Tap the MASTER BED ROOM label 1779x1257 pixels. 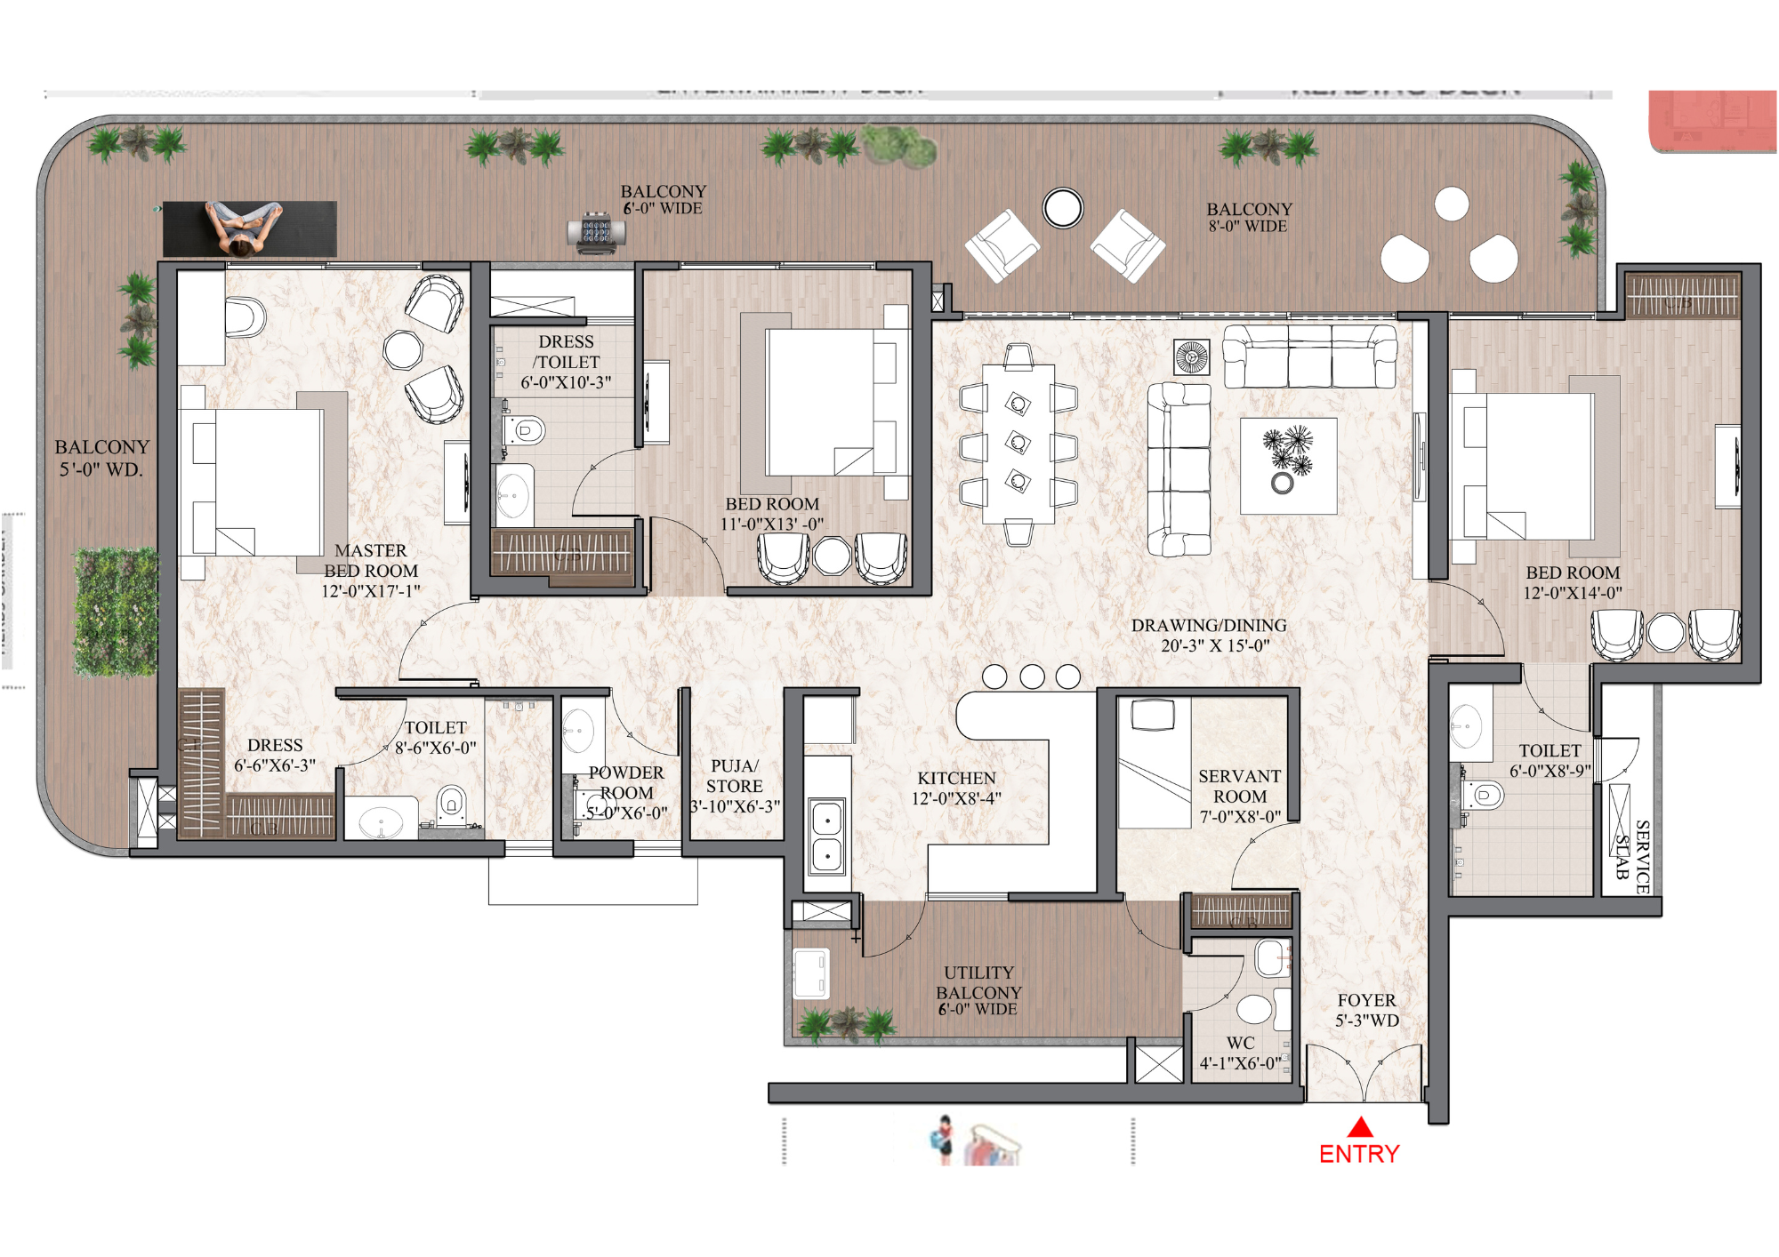371,561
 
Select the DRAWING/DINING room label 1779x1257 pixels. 1209,626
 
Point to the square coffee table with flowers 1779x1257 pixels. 1288,465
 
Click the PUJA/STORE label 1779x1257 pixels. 735,776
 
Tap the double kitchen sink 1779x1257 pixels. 826,837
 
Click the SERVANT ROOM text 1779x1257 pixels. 1239,787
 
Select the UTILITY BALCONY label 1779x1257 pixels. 978,982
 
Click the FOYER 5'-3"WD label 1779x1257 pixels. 1366,1011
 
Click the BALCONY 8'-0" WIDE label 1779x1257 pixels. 1249,217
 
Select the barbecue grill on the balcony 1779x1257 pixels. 596,233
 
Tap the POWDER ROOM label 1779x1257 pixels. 626,783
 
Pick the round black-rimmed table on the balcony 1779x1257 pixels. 1063,208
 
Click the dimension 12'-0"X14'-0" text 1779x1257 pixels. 1573,593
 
